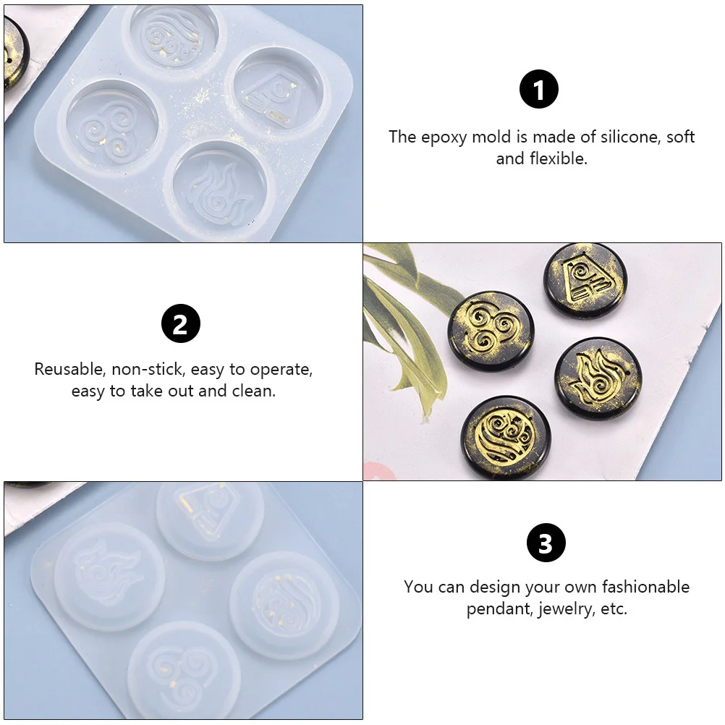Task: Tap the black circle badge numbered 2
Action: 180,323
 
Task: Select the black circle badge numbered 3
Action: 546,543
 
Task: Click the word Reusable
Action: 69,369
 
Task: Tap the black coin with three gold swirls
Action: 491,329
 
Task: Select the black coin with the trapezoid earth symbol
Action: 585,280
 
